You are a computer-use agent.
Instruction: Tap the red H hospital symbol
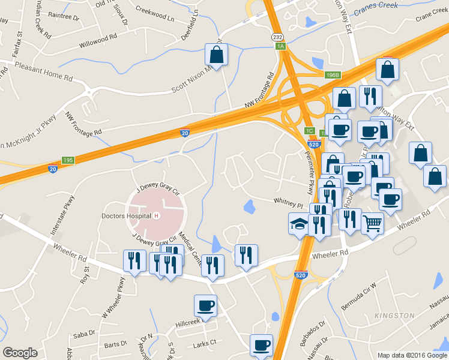click(x=156, y=216)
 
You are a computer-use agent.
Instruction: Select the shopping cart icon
click(x=373, y=224)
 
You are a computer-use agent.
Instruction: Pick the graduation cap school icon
click(x=299, y=224)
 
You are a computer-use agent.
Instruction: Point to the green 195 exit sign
click(x=68, y=160)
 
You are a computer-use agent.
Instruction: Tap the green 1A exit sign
click(x=280, y=46)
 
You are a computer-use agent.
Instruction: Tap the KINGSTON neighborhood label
click(x=394, y=316)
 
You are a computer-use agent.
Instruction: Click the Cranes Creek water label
click(x=376, y=8)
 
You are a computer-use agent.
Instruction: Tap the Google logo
click(x=20, y=353)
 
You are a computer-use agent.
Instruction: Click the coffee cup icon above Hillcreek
click(x=205, y=305)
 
